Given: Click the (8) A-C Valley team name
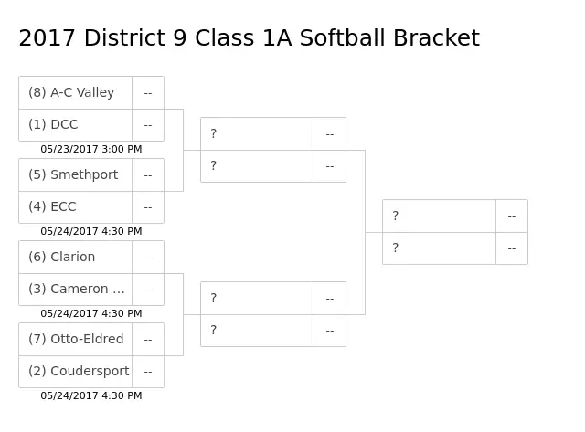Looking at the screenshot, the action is (x=71, y=92).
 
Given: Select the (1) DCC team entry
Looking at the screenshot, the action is (x=53, y=124).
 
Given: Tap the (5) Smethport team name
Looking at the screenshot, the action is (x=73, y=174).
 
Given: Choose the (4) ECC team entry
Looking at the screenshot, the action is (x=52, y=207).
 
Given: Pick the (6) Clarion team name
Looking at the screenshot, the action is (x=62, y=258).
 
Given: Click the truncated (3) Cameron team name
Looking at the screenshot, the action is (x=77, y=290).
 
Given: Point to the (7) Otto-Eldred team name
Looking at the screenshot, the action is (x=76, y=339).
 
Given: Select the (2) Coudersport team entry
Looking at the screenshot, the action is (x=79, y=371).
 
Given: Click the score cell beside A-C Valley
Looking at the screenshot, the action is (x=148, y=93).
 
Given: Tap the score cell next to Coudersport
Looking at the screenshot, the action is (x=148, y=372).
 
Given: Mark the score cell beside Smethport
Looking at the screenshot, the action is (x=148, y=175).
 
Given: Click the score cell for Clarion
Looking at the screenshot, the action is (x=148, y=258).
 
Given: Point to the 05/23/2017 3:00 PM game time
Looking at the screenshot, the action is (x=91, y=149).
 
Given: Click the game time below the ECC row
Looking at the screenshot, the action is (x=91, y=231).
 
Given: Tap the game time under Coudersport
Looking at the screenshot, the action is (x=91, y=395).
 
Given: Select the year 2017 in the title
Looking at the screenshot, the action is (x=48, y=38).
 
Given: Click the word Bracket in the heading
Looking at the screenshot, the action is (x=437, y=38).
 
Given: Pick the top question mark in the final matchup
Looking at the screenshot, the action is (x=396, y=216).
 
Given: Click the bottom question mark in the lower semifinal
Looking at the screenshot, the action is (x=213, y=330).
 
